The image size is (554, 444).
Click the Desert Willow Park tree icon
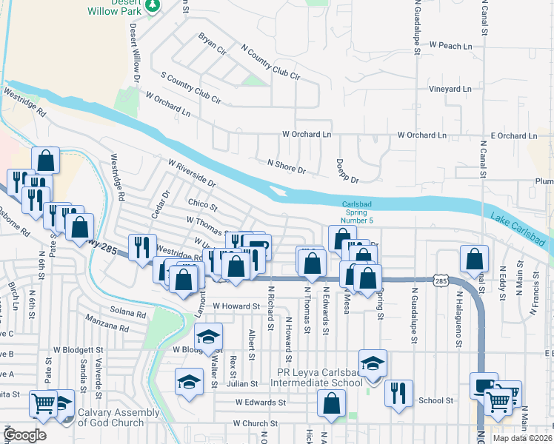pyautogui.click(x=153, y=5)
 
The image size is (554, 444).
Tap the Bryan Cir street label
pyautogui.click(x=212, y=44)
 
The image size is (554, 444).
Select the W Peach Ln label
pyautogui.click(x=445, y=46)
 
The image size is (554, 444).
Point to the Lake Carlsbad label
pyautogui.click(x=518, y=229)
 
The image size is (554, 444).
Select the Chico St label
pyautogui.click(x=202, y=204)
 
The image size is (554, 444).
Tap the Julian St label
pyautogui.click(x=242, y=384)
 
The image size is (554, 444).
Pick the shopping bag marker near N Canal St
pyautogui.click(x=474, y=260)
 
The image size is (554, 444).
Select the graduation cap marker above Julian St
pyautogui.click(x=190, y=382)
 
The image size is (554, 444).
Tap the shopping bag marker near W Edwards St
pyautogui.click(x=331, y=404)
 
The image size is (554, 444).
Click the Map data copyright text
pyautogui.click(x=521, y=438)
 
